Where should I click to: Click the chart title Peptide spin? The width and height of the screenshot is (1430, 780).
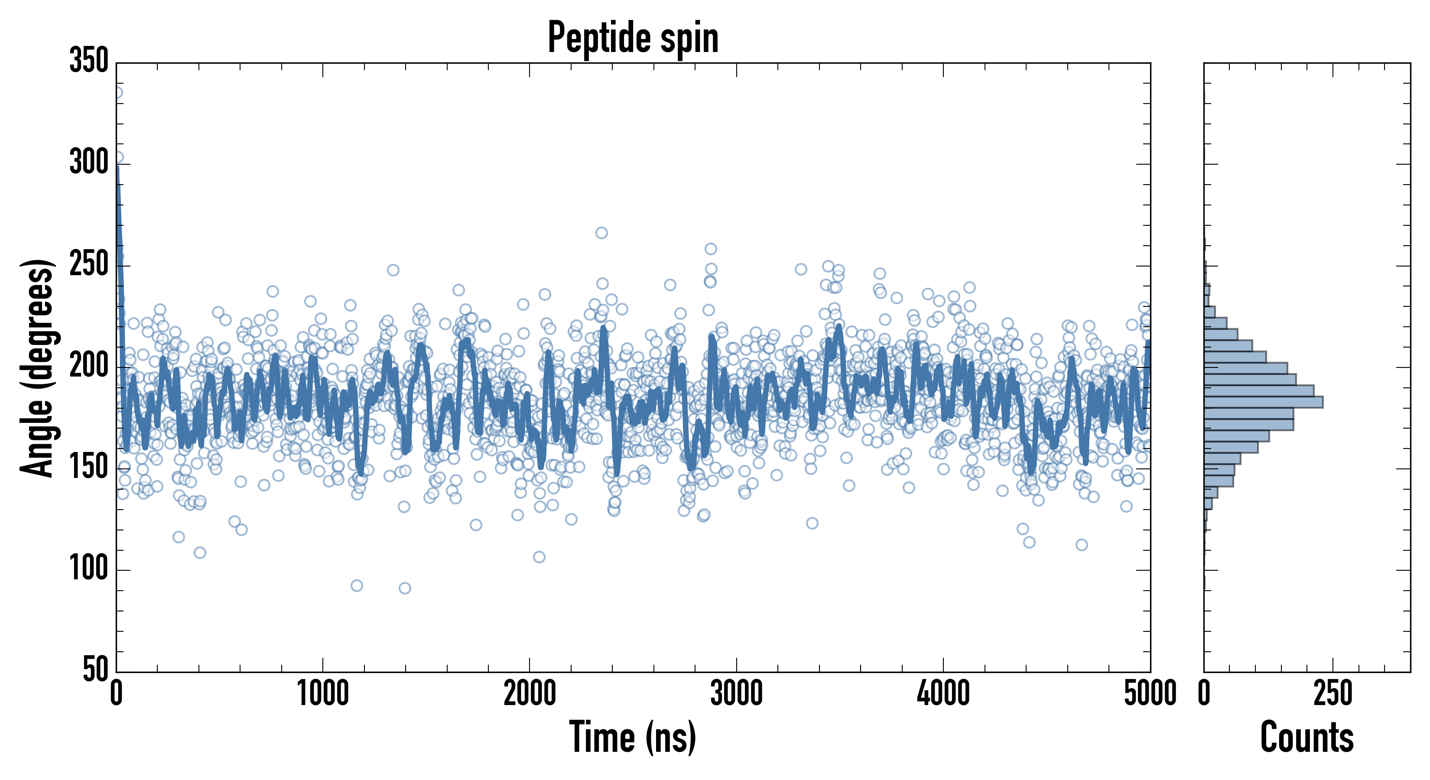[x=633, y=38]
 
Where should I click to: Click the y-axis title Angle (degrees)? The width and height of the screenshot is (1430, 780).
[x=37, y=367]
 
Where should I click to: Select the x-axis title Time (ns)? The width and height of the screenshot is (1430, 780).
[x=633, y=737]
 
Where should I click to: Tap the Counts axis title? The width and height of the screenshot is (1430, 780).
[x=1307, y=737]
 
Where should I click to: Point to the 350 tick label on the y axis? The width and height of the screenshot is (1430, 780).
[x=89, y=61]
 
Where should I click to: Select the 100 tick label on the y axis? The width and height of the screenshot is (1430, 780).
[x=89, y=569]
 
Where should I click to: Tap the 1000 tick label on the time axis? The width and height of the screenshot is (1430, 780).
[x=323, y=694]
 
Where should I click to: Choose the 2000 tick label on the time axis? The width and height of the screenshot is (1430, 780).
[x=530, y=694]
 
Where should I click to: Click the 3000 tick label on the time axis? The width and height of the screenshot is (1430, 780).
[x=737, y=694]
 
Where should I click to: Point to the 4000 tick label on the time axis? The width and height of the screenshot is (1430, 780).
[x=943, y=694]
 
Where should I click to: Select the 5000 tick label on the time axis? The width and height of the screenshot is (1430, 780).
[x=1150, y=694]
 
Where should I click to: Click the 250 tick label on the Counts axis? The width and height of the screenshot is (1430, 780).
[x=1333, y=694]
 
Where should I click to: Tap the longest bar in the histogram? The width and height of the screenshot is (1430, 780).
[x=1263, y=402]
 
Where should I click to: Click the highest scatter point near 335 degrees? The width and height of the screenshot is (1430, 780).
[x=117, y=93]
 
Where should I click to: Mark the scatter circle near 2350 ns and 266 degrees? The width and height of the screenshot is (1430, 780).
[x=601, y=233]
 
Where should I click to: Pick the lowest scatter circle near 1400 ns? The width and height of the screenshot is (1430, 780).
[x=405, y=588]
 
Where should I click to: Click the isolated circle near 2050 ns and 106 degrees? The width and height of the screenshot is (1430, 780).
[x=539, y=557]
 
